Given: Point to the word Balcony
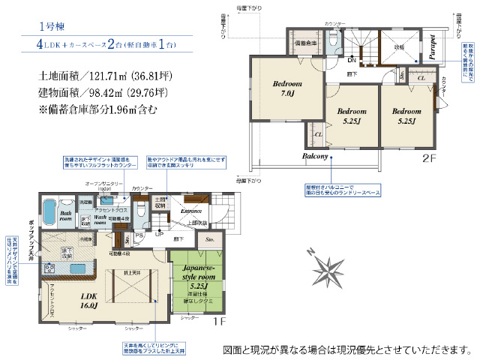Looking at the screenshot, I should click(x=317, y=157).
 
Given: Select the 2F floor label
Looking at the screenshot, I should click(x=428, y=158).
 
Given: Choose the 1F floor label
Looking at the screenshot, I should click(x=218, y=322).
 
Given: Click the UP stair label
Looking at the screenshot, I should click(x=158, y=234).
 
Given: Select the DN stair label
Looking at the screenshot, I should click(x=351, y=59).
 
